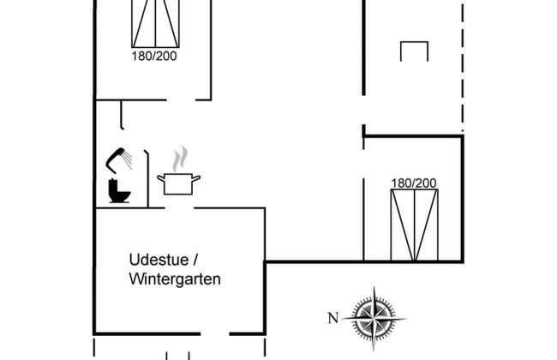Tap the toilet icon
click(118, 192)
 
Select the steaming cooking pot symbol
click(178, 183)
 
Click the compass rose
click(375, 317)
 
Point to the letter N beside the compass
click(333, 319)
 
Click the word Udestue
click(159, 259)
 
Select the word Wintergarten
click(175, 279)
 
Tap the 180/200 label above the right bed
click(413, 183)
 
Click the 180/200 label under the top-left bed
click(155, 57)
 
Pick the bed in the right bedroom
click(414, 225)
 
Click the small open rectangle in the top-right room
click(414, 51)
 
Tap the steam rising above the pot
click(179, 159)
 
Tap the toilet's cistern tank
click(112, 185)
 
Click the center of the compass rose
click(375, 318)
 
